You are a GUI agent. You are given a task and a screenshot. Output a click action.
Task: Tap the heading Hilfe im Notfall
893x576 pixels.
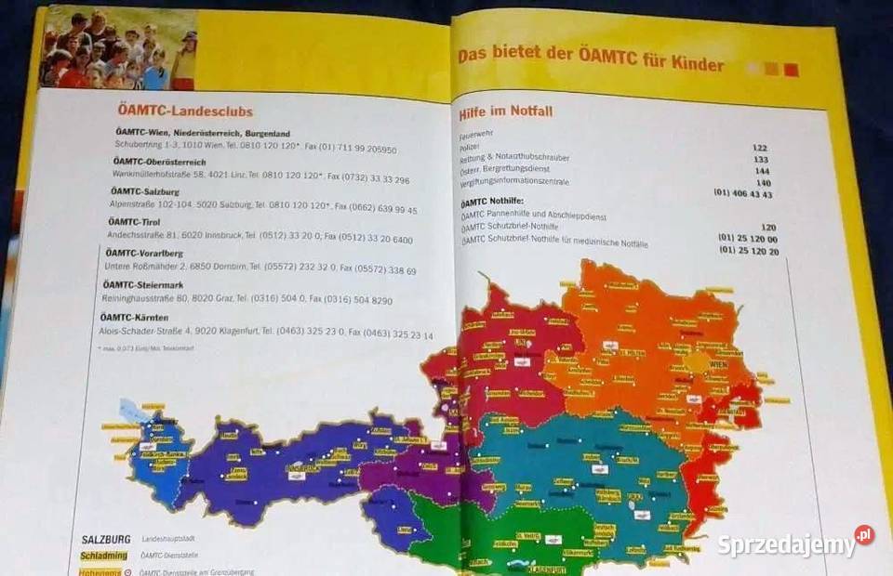point(506,112)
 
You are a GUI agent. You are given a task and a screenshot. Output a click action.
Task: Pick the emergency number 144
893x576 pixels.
point(762,171)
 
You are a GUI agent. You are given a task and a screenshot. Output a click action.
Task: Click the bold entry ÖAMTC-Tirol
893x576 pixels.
point(134,222)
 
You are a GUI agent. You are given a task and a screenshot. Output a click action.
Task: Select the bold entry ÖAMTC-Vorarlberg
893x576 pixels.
point(143,254)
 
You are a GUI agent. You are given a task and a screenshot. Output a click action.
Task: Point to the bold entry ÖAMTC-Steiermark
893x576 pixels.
point(143,285)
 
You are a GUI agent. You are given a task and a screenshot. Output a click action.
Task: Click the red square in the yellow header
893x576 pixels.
point(791,70)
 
